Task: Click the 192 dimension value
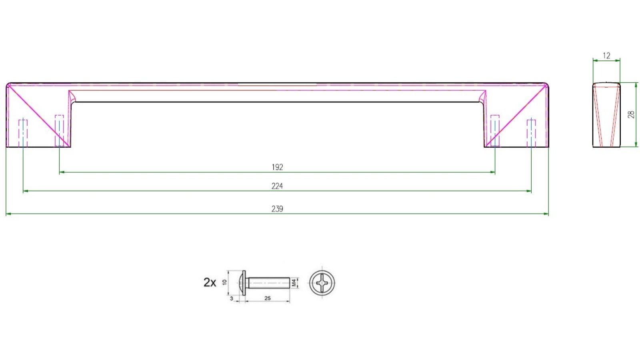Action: pyautogui.click(x=277, y=167)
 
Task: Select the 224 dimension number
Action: pyautogui.click(x=277, y=186)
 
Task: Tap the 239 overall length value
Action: pyautogui.click(x=277, y=209)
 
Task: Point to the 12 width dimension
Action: pyautogui.click(x=606, y=56)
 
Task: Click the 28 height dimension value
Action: pyautogui.click(x=631, y=114)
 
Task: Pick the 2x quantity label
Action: pyautogui.click(x=210, y=282)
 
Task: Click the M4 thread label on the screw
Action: pyautogui.click(x=294, y=283)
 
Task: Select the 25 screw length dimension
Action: pyautogui.click(x=268, y=298)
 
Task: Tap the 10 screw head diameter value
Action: pyautogui.click(x=224, y=282)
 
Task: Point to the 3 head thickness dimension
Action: pyautogui.click(x=232, y=298)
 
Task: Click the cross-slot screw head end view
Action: pyautogui.click(x=322, y=283)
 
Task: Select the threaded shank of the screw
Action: pyautogui.click(x=268, y=283)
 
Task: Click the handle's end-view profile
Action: pyautogui.click(x=606, y=115)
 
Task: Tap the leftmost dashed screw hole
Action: pyautogui.click(x=23, y=133)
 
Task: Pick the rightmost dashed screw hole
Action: pyautogui.click(x=531, y=133)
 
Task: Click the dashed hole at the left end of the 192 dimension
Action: pyautogui.click(x=59, y=130)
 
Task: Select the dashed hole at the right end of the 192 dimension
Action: pyautogui.click(x=495, y=130)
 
